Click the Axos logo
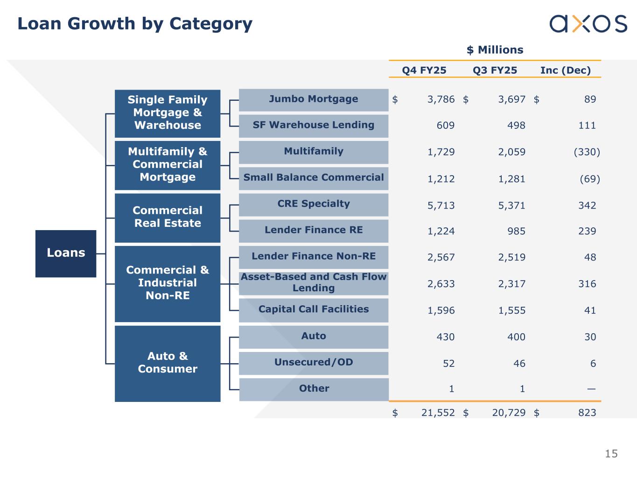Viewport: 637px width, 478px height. coord(588,23)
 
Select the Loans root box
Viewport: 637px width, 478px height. coord(66,253)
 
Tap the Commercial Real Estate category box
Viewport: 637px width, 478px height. coord(168,217)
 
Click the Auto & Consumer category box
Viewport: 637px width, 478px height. coord(168,363)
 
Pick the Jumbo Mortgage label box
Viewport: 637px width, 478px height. coord(314,99)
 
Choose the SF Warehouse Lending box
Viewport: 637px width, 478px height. coord(314,126)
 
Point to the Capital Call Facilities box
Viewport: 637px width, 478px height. coord(314,309)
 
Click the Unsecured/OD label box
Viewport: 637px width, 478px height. coord(314,363)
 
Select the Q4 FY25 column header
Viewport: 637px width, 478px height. coord(424,70)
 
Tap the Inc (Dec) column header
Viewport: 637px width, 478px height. coord(565,70)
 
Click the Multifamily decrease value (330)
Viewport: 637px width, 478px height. coord(587,152)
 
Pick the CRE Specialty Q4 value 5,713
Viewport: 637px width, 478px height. coord(441,205)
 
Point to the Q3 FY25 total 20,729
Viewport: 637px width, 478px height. coord(509,413)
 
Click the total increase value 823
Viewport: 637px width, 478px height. coord(587,413)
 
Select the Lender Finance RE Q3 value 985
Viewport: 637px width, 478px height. coord(516,232)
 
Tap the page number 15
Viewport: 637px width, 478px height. coord(611,454)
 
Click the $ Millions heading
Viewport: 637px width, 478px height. coord(495,50)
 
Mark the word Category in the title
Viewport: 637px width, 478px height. coord(211,23)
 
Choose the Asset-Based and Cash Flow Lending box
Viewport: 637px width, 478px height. coord(314,283)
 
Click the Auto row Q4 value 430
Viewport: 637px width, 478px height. coord(445,337)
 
